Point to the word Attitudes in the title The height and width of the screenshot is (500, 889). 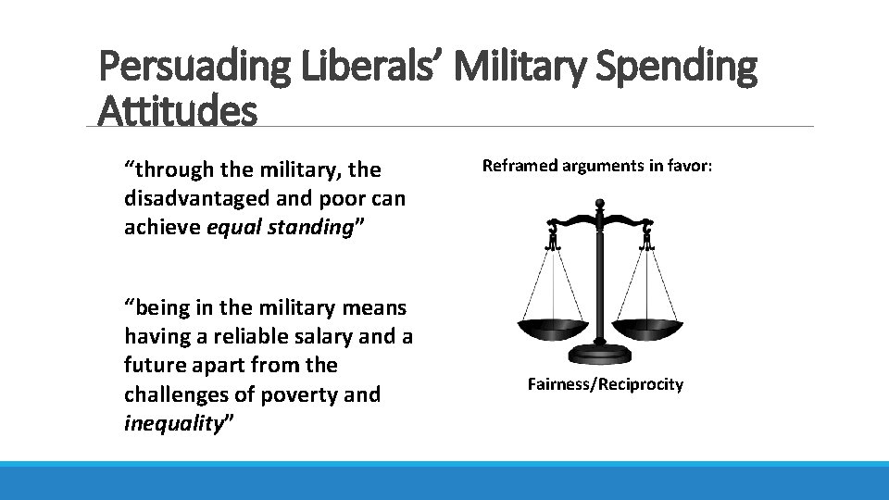tap(177, 111)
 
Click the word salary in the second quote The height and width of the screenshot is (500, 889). tap(331, 335)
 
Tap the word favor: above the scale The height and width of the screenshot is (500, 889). tap(687, 166)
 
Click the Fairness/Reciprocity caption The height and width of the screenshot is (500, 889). tap(606, 382)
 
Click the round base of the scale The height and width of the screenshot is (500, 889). tap(599, 353)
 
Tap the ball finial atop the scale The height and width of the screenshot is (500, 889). tap(599, 203)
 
